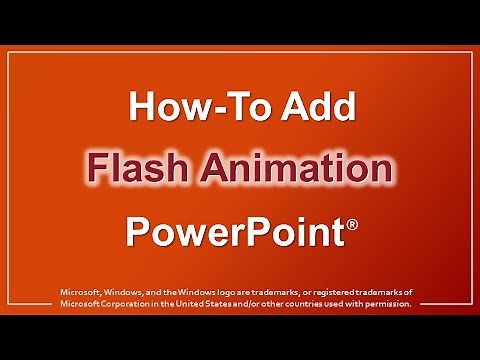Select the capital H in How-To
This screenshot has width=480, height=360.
143,108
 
